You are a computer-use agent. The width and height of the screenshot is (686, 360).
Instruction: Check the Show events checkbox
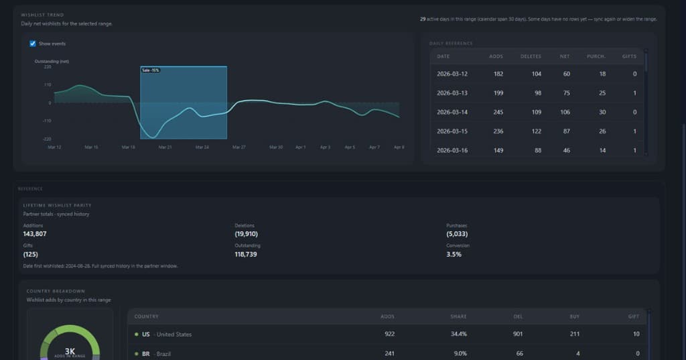(33, 44)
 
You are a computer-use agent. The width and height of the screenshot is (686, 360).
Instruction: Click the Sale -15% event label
(151, 70)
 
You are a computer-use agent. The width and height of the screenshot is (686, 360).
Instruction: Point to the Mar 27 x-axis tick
(238, 147)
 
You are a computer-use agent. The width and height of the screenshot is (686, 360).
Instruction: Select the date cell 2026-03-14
(452, 112)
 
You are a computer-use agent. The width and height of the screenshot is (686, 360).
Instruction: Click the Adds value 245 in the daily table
(497, 112)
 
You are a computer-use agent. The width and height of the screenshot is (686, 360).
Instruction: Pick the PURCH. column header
(597, 56)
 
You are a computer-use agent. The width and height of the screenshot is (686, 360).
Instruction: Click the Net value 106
(565, 112)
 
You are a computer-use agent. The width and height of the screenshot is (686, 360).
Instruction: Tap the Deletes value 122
(536, 131)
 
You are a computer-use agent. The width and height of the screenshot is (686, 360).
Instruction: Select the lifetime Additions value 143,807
(35, 234)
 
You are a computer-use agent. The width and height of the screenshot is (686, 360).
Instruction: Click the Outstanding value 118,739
(249, 255)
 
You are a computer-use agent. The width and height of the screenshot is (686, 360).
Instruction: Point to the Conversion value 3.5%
(454, 255)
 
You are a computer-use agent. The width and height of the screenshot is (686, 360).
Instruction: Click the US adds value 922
(389, 335)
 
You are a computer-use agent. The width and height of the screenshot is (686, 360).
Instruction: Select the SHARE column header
(458, 316)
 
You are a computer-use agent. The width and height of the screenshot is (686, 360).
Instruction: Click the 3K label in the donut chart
(70, 350)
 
